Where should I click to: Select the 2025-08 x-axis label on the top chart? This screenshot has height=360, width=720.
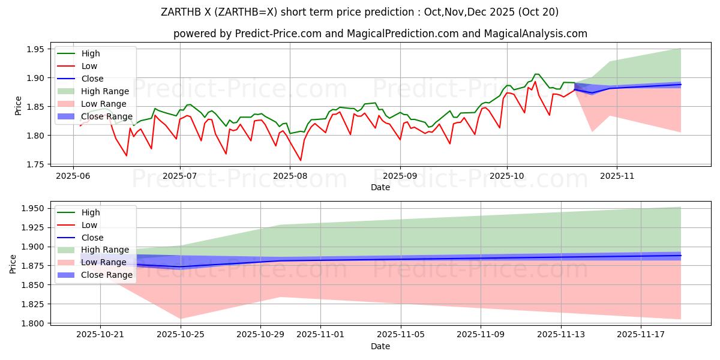290,176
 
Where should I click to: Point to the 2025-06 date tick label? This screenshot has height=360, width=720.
73,176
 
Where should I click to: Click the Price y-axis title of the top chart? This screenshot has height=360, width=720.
18,106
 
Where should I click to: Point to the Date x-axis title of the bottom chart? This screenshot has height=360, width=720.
380,347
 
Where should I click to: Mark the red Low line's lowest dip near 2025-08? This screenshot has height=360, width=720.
301,160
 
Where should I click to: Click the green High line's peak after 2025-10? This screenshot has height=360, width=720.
536,74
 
